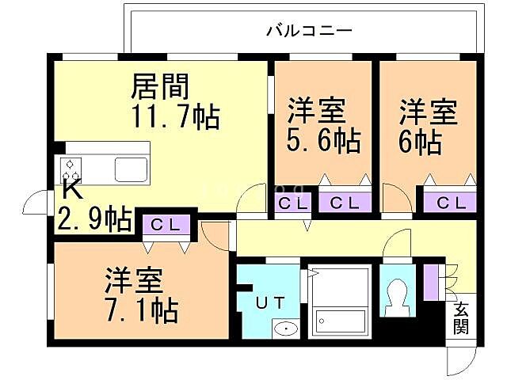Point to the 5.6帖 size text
coord(323,141)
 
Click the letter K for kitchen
coord(71,191)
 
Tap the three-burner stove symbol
coord(71,169)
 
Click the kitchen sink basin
coord(129,169)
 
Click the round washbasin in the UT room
coord(283,329)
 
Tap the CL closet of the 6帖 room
coord(450,203)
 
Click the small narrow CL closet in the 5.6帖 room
coord(284,203)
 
